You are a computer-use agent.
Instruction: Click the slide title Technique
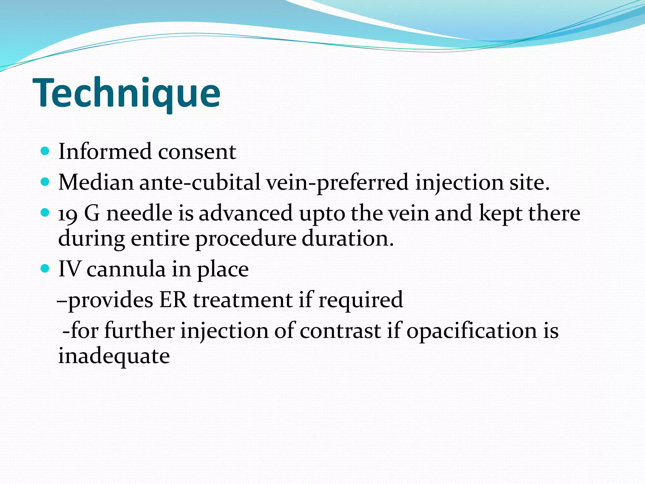coord(126,93)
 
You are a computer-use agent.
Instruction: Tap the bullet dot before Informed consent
coord(45,151)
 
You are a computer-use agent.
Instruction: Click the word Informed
coord(105,152)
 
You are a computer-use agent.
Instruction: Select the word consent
coord(197,152)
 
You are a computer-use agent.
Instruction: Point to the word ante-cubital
coord(200,182)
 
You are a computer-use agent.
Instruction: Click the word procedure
coord(246,239)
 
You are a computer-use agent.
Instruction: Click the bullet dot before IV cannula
coord(45,269)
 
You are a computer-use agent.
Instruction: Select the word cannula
coord(126,270)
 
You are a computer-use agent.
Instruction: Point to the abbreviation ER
coord(173,300)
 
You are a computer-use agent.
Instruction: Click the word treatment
coord(243,300)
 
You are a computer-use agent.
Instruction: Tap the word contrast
coord(340,331)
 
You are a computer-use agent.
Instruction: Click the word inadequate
coord(114,356)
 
